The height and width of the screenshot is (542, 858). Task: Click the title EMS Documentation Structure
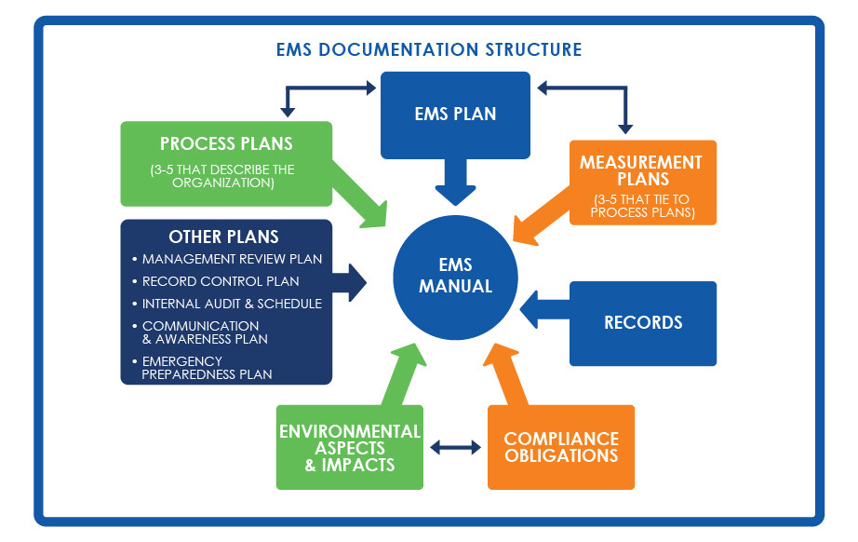[x=429, y=49]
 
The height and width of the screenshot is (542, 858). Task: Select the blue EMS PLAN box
[x=455, y=115]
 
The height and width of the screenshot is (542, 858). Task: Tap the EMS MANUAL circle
[x=455, y=277]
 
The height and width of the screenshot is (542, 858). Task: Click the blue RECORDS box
[x=643, y=323]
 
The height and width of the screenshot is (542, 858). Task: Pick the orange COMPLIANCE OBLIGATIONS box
[x=561, y=447]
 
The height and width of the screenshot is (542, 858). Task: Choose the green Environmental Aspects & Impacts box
[x=350, y=447]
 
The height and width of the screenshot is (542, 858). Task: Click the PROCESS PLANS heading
[x=226, y=143]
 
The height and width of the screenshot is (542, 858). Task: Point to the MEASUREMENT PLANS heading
[x=641, y=170]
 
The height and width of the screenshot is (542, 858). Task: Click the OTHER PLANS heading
[x=223, y=237]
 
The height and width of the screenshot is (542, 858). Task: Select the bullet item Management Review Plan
[x=227, y=259]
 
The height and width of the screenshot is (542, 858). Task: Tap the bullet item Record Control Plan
[x=216, y=281]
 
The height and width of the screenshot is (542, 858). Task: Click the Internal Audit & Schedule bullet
[x=227, y=304]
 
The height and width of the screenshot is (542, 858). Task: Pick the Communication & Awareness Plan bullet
[x=200, y=332]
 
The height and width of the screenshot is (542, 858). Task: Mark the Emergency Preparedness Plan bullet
[x=203, y=368]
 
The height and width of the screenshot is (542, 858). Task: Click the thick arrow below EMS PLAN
[x=455, y=182]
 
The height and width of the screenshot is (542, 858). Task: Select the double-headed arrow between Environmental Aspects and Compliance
[x=455, y=447]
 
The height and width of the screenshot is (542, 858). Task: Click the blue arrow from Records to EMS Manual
[x=544, y=309]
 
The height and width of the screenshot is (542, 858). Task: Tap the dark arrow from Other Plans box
[x=349, y=282]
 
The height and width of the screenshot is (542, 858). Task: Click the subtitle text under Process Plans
[x=222, y=176]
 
